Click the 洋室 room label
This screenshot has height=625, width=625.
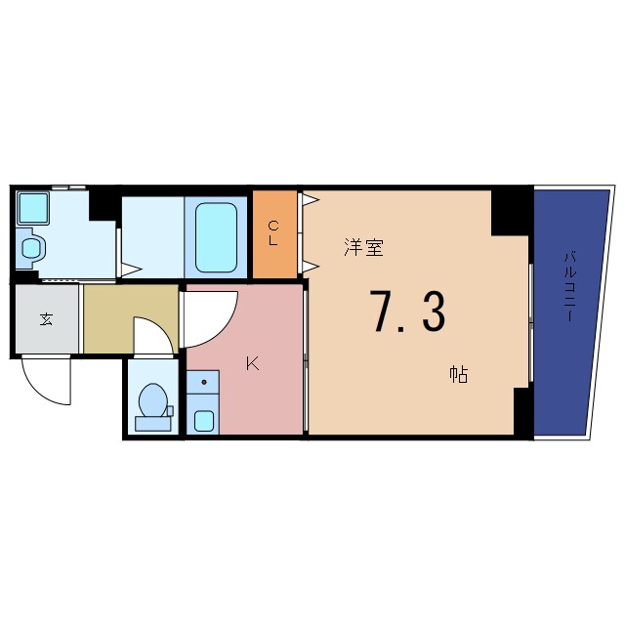click(363, 247)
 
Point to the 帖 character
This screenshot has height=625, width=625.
click(457, 373)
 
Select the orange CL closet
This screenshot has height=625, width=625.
click(274, 233)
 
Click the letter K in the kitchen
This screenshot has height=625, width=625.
click(252, 364)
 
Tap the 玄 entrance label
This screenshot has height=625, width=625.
click(46, 318)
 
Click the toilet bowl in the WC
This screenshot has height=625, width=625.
click(152, 401)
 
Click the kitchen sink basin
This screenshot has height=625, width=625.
click(203, 421)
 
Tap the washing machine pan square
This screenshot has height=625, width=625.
click(33, 207)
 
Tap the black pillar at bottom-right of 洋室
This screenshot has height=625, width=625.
click(521, 410)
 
